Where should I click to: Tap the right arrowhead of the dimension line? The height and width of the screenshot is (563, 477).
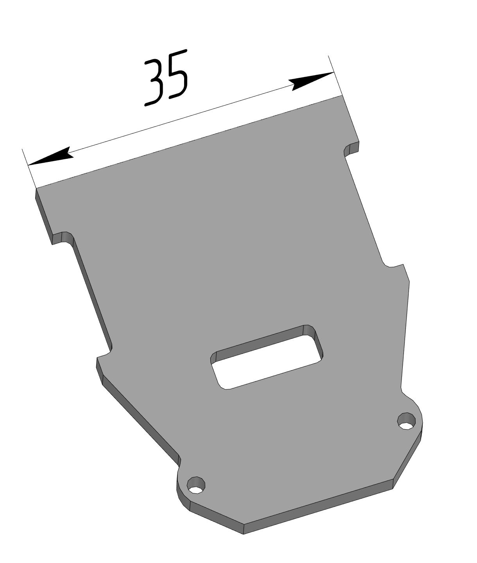pyautogui.click(x=312, y=81)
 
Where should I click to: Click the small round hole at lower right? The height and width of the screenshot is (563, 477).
pyautogui.click(x=407, y=421)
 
